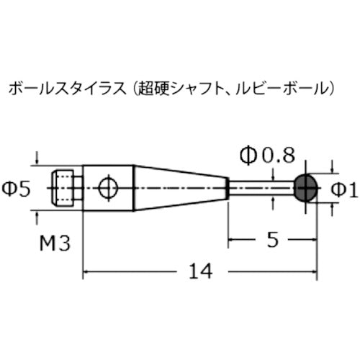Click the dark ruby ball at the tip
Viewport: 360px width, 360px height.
(305, 188)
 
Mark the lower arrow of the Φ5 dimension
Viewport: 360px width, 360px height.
(37, 215)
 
